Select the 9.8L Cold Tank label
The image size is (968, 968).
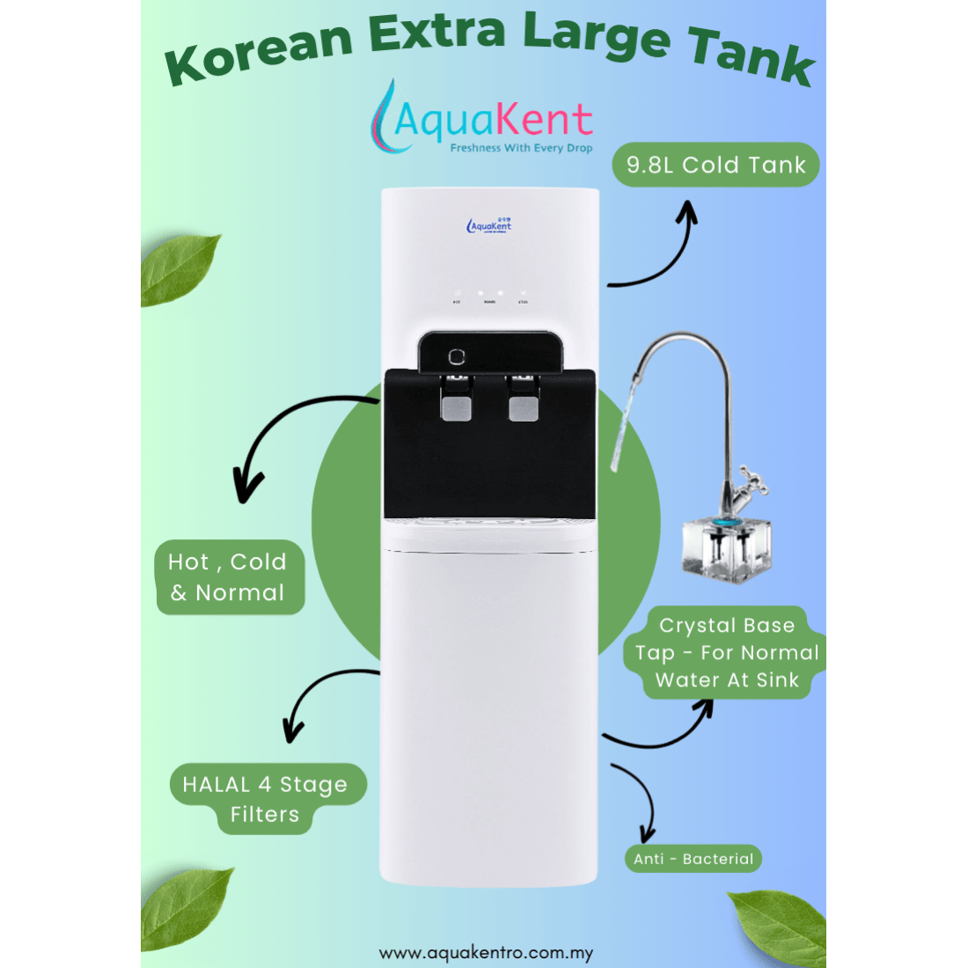tap(715, 165)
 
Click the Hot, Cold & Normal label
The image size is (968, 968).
tap(229, 577)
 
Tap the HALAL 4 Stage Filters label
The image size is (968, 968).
tap(265, 799)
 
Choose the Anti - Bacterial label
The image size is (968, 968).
tap(693, 859)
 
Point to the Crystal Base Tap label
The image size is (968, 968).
tap(727, 653)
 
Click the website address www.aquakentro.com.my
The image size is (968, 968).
tap(486, 953)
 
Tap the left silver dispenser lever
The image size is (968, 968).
tap(456, 406)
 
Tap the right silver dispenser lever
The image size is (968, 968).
tap(523, 406)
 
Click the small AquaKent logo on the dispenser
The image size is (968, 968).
tap(489, 225)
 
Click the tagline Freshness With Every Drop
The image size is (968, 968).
tap(521, 149)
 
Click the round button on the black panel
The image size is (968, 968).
tap(456, 356)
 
